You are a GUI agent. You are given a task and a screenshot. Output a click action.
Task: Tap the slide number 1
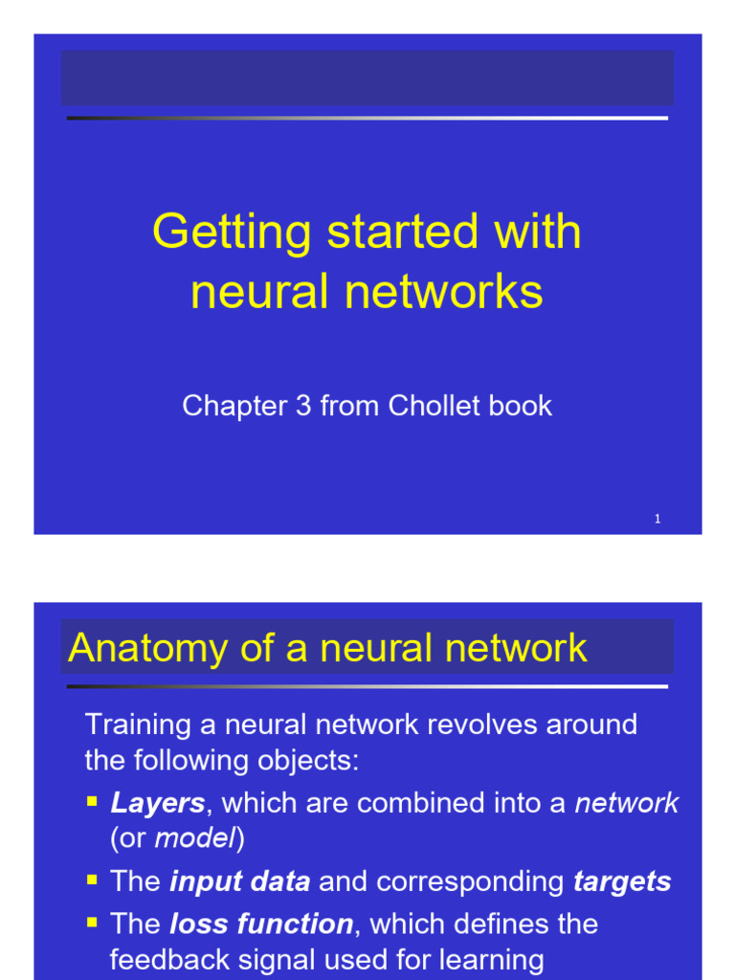(x=657, y=519)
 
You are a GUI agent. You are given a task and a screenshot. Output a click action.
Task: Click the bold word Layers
(x=157, y=803)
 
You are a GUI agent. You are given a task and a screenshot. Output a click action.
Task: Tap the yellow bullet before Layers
(x=93, y=801)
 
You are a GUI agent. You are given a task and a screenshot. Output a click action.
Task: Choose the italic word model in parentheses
(x=195, y=839)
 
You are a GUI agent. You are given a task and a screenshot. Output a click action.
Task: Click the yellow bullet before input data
(x=93, y=880)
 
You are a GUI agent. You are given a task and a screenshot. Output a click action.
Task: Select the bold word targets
(x=622, y=881)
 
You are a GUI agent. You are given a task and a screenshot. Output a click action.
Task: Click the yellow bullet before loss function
(x=93, y=922)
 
